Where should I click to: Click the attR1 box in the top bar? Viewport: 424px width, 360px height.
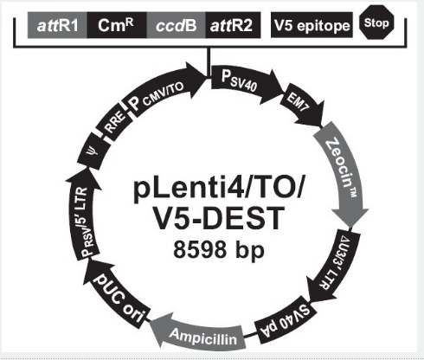coord(57,25)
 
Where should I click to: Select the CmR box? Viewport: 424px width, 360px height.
coord(117,25)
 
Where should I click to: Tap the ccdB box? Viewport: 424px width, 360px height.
coord(177,25)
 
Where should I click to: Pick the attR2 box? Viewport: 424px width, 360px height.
coord(233,25)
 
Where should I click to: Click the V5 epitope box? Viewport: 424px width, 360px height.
coord(312,25)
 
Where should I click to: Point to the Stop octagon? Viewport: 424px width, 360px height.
coord(376,22)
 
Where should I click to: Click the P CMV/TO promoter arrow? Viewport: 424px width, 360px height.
coord(162,88)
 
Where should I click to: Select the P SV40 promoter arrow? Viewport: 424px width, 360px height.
coord(244,82)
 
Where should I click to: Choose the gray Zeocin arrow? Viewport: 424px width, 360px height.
coord(344,173)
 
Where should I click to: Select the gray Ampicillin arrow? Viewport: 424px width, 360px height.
coord(199,336)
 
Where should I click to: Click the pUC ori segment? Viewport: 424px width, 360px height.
coord(119,297)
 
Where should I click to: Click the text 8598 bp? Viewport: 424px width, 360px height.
coord(219,250)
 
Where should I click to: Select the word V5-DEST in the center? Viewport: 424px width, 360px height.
coord(219,218)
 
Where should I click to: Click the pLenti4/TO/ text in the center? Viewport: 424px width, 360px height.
coord(219,189)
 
